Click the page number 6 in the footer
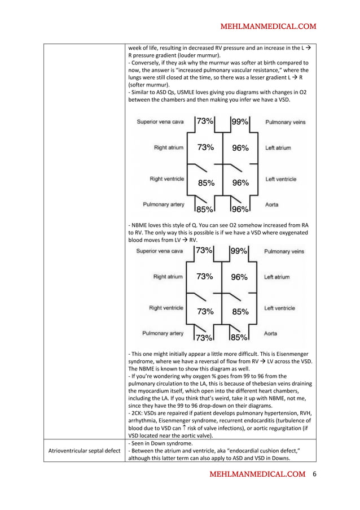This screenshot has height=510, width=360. tap(315, 474)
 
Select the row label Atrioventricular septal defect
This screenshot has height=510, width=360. tap(84, 451)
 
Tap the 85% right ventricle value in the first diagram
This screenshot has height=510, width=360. tap(205, 182)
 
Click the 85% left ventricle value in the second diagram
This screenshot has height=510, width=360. tap(240, 311)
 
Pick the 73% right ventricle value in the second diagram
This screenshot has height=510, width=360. tap(205, 311)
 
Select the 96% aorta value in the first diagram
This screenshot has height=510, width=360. tap(240, 209)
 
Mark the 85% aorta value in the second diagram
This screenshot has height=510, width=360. tap(239, 338)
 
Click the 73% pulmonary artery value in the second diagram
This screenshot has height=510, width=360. tap(204, 338)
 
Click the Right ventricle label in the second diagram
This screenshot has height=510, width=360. tap(166, 308)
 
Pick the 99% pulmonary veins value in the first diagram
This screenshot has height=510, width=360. tap(240, 121)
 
